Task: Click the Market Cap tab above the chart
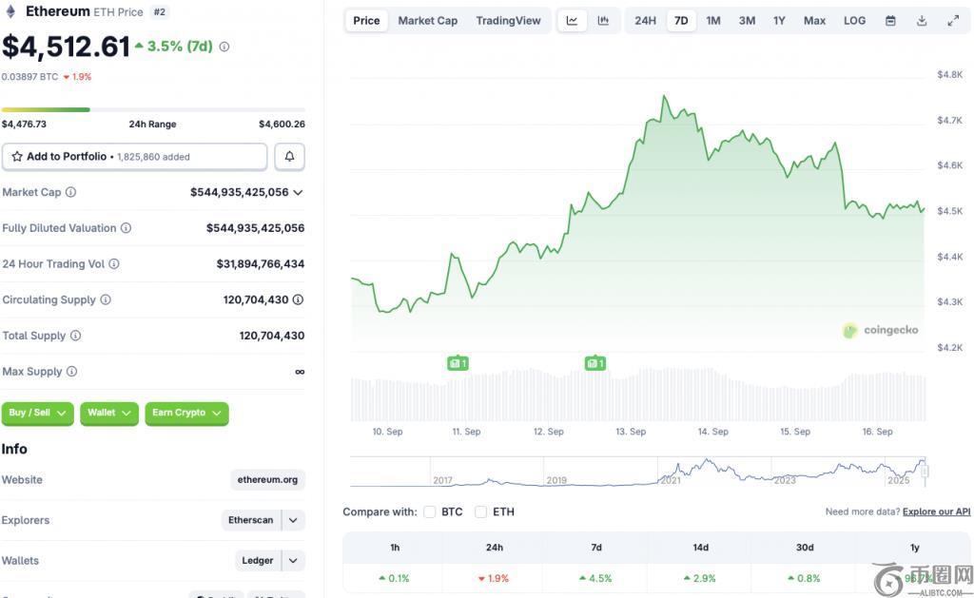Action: [x=427, y=21]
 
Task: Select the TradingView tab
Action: [x=508, y=21]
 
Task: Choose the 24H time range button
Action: [x=645, y=21]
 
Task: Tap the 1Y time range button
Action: [x=779, y=21]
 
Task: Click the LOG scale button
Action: [x=854, y=21]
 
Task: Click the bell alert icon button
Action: [x=289, y=157]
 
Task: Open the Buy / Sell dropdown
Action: [x=38, y=413]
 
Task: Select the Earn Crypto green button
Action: [x=186, y=413]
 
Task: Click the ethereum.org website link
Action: [x=268, y=480]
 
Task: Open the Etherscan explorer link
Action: [x=251, y=520]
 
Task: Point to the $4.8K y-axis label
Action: [x=949, y=74]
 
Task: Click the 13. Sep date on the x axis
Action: [x=631, y=432]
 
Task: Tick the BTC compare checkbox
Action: [x=430, y=511]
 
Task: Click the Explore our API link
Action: [x=936, y=511]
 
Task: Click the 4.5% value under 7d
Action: [x=596, y=578]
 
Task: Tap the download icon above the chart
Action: [x=922, y=21]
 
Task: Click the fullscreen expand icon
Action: [x=953, y=21]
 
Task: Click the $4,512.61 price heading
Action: [x=66, y=46]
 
